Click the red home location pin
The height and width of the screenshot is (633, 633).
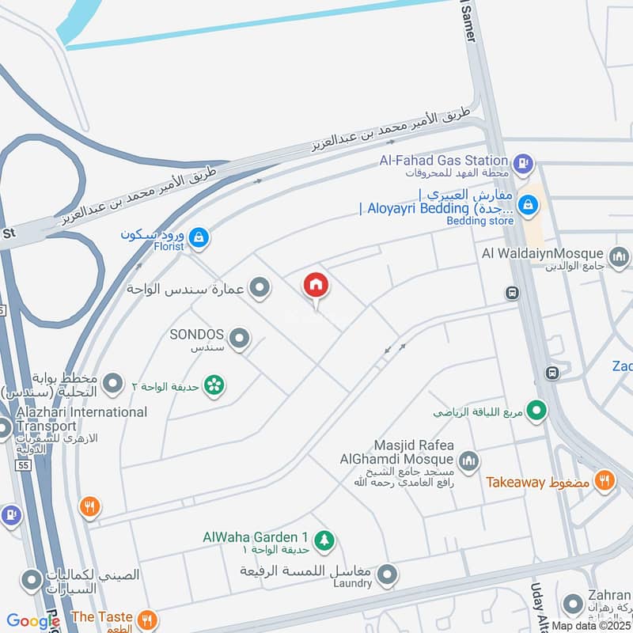[316, 286]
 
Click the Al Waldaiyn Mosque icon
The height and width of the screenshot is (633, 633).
[619, 256]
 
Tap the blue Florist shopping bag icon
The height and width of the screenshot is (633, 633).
[199, 236]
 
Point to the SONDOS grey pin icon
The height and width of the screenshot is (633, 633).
[239, 340]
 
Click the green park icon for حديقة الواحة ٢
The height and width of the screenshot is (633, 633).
[213, 385]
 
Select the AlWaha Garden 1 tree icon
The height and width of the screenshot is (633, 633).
[323, 540]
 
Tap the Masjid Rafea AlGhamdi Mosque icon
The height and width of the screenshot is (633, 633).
[469, 460]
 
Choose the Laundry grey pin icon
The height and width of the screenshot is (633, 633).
[386, 575]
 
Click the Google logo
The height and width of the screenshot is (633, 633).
[33, 621]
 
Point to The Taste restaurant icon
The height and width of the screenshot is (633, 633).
[146, 619]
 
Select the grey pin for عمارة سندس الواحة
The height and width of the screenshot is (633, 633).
[259, 289]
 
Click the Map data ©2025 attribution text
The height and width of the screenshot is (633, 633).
[590, 625]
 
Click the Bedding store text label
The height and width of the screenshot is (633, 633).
[480, 221]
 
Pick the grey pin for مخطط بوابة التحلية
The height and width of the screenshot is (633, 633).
[114, 385]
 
